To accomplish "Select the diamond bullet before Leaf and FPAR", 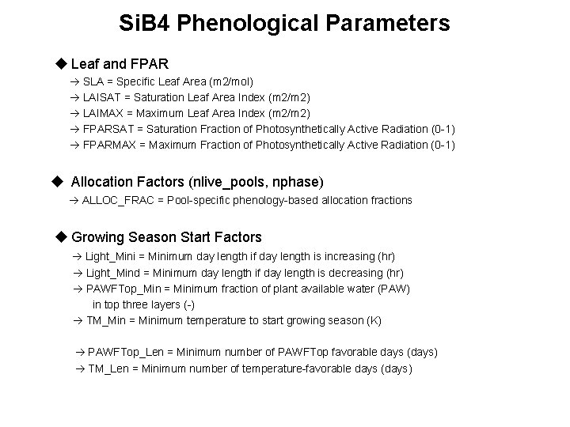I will [62, 62].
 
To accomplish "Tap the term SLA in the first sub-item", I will [93, 82].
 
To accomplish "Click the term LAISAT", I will [102, 97].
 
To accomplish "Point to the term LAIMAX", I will [103, 113].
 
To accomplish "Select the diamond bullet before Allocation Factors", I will [56, 182].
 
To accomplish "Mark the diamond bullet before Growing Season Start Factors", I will [62, 236].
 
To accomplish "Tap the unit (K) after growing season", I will [374, 320].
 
